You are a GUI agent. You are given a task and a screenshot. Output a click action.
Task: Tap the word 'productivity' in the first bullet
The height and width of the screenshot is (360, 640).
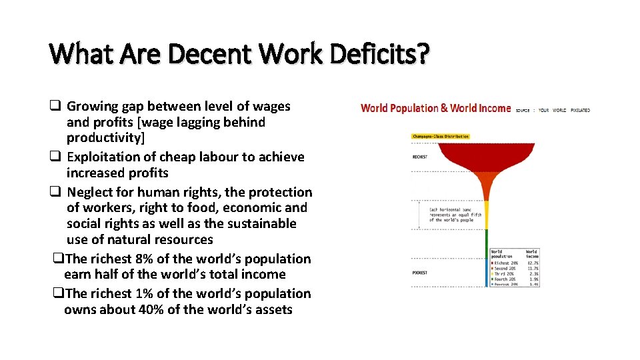[105, 138]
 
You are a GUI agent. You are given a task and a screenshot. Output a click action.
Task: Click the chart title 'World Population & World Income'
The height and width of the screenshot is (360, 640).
[435, 108]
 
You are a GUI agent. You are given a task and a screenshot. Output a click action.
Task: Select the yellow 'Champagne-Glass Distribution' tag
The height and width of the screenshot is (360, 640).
[441, 137]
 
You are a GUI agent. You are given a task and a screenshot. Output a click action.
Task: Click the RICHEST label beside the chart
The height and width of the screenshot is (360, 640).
[420, 157]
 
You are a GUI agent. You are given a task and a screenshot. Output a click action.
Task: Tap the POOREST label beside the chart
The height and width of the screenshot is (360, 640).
[420, 273]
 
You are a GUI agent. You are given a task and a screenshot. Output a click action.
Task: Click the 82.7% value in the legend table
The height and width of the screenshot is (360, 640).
[532, 263]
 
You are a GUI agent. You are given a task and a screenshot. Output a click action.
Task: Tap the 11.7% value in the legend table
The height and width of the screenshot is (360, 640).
[532, 269]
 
